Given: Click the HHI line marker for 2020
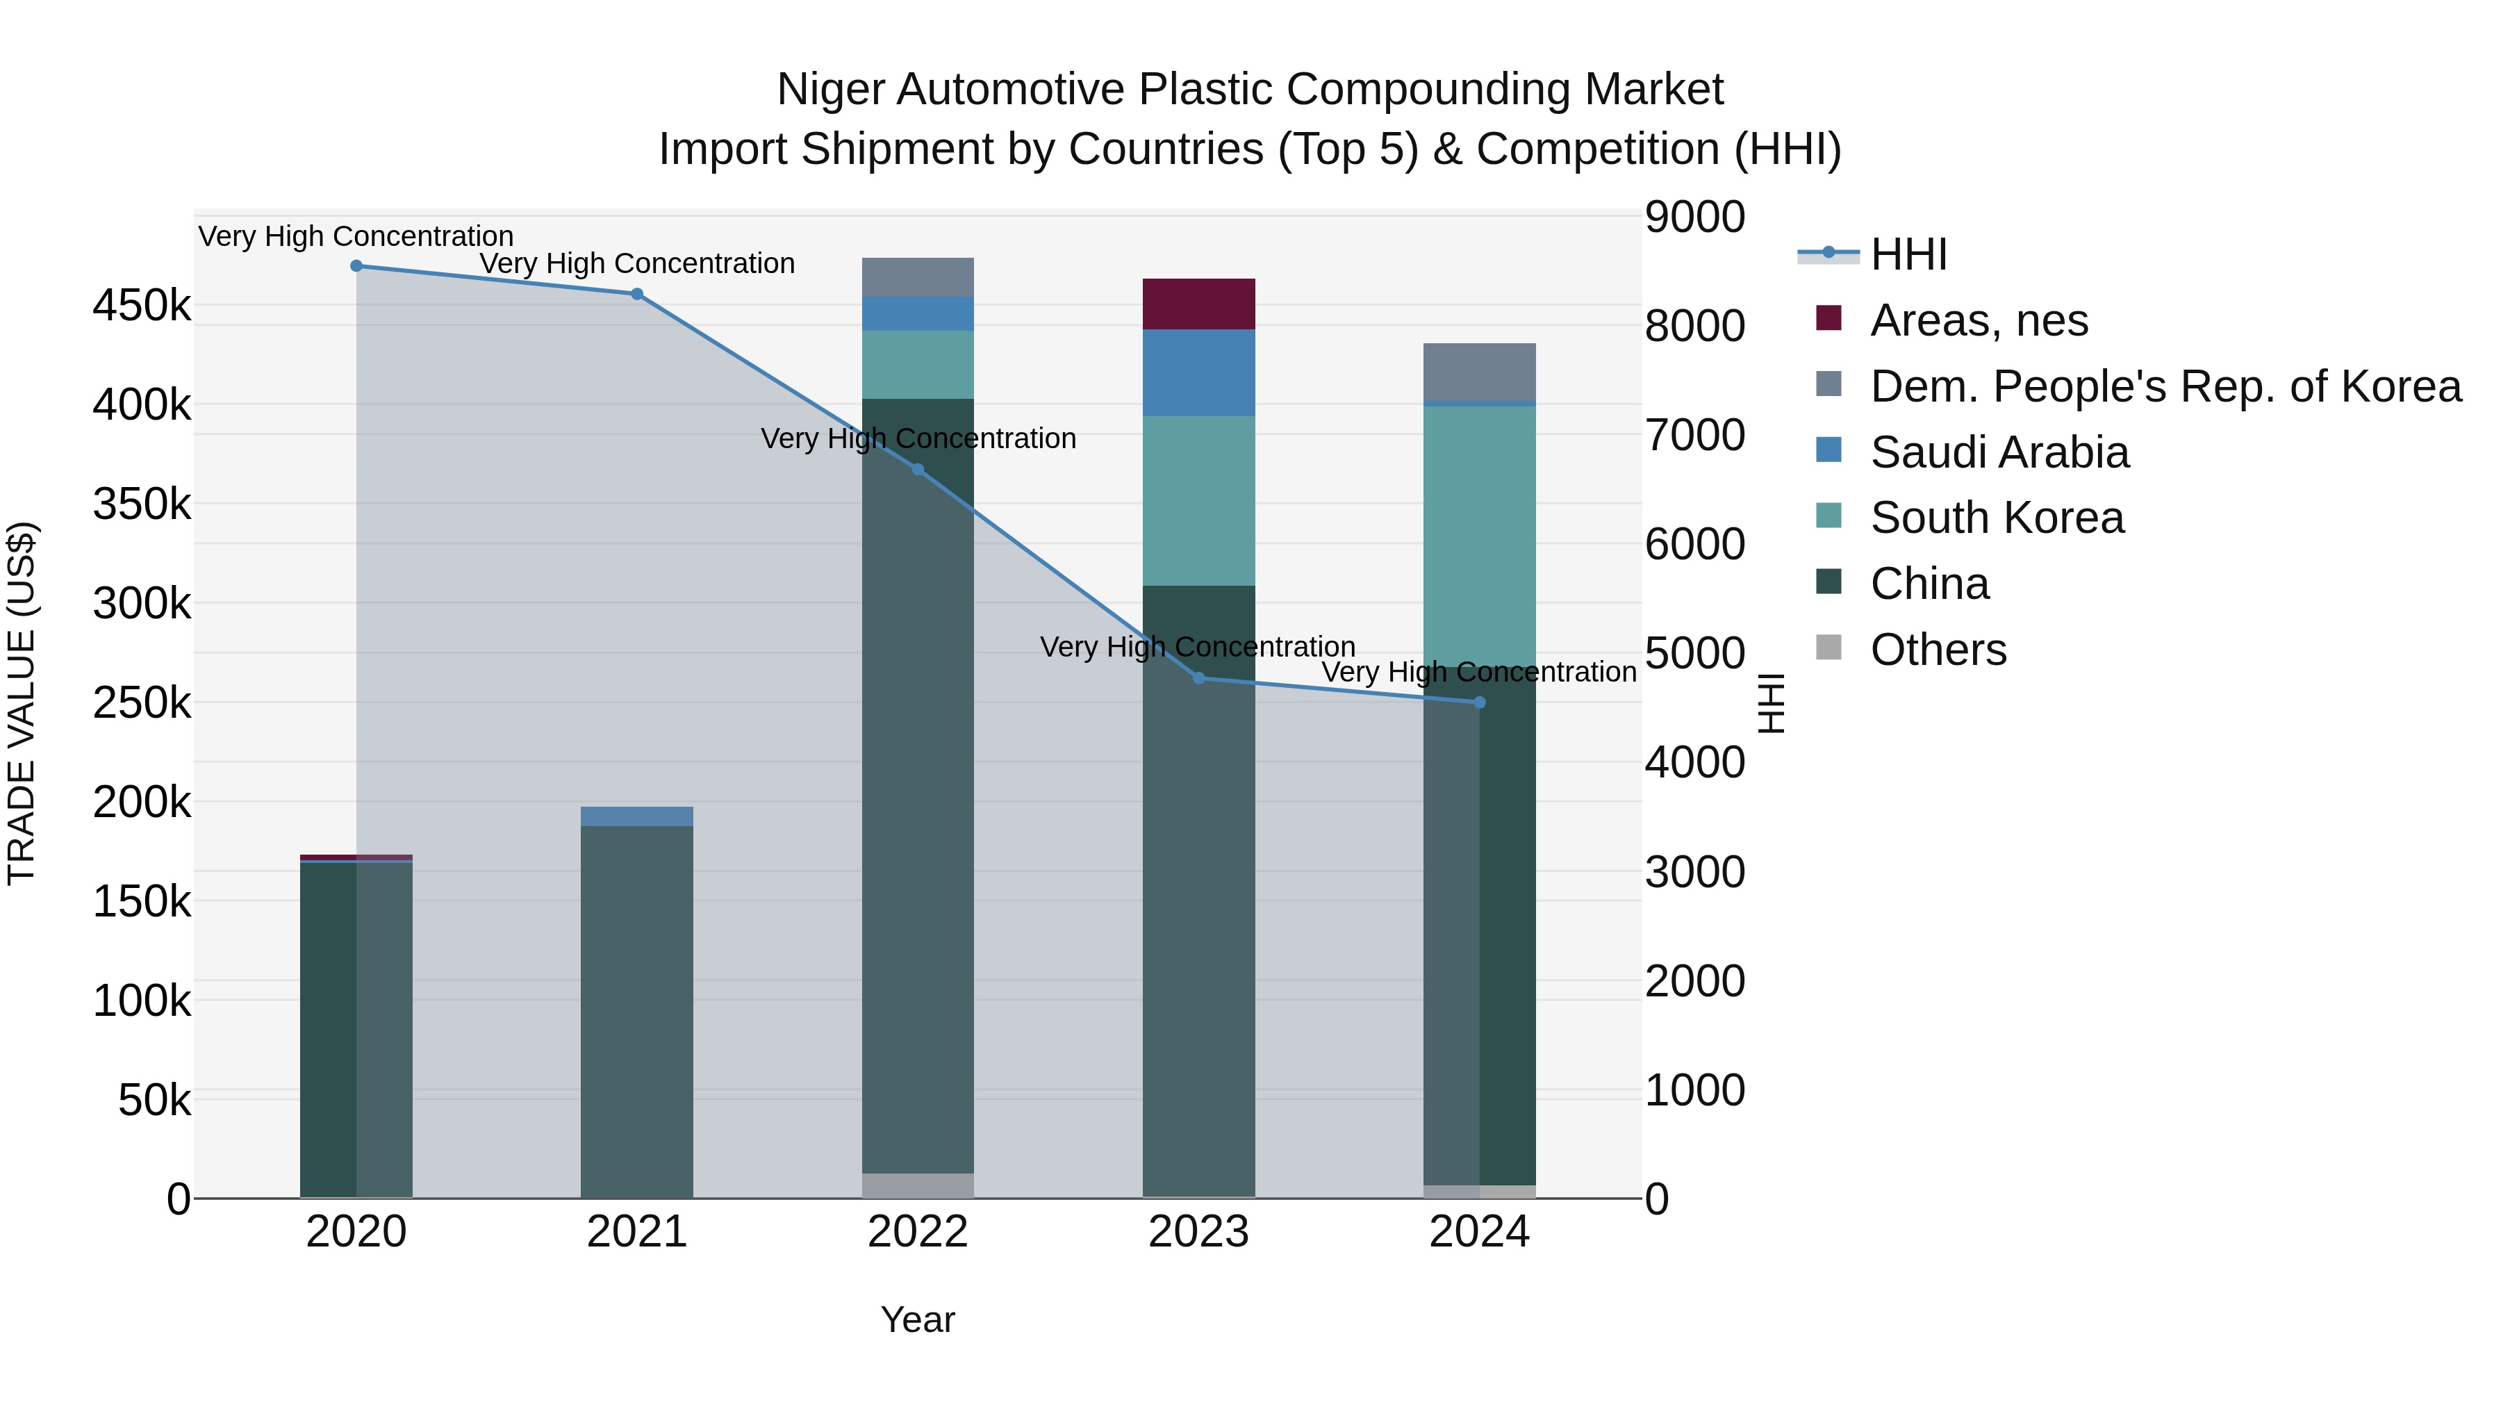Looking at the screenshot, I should coord(356,266).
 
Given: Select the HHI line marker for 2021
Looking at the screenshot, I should coord(637,294).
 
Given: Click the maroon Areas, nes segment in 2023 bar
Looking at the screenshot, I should coord(1199,304).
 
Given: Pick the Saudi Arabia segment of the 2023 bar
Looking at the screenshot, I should coord(1199,373).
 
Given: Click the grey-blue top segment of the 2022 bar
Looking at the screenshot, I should coord(918,278).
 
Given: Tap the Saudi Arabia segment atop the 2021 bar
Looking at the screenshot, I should coord(637,816).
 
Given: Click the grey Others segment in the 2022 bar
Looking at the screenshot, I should coord(918,1185).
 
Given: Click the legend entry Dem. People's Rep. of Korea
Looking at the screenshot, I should coord(2165,386).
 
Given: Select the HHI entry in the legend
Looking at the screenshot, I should coord(1908,254).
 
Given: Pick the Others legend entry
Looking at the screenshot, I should coord(1938,650).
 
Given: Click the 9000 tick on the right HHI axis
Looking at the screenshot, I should coord(1695,217).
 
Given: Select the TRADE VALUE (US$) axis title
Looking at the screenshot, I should coord(22,703).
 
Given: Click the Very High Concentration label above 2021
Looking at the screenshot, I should coord(637,264).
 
